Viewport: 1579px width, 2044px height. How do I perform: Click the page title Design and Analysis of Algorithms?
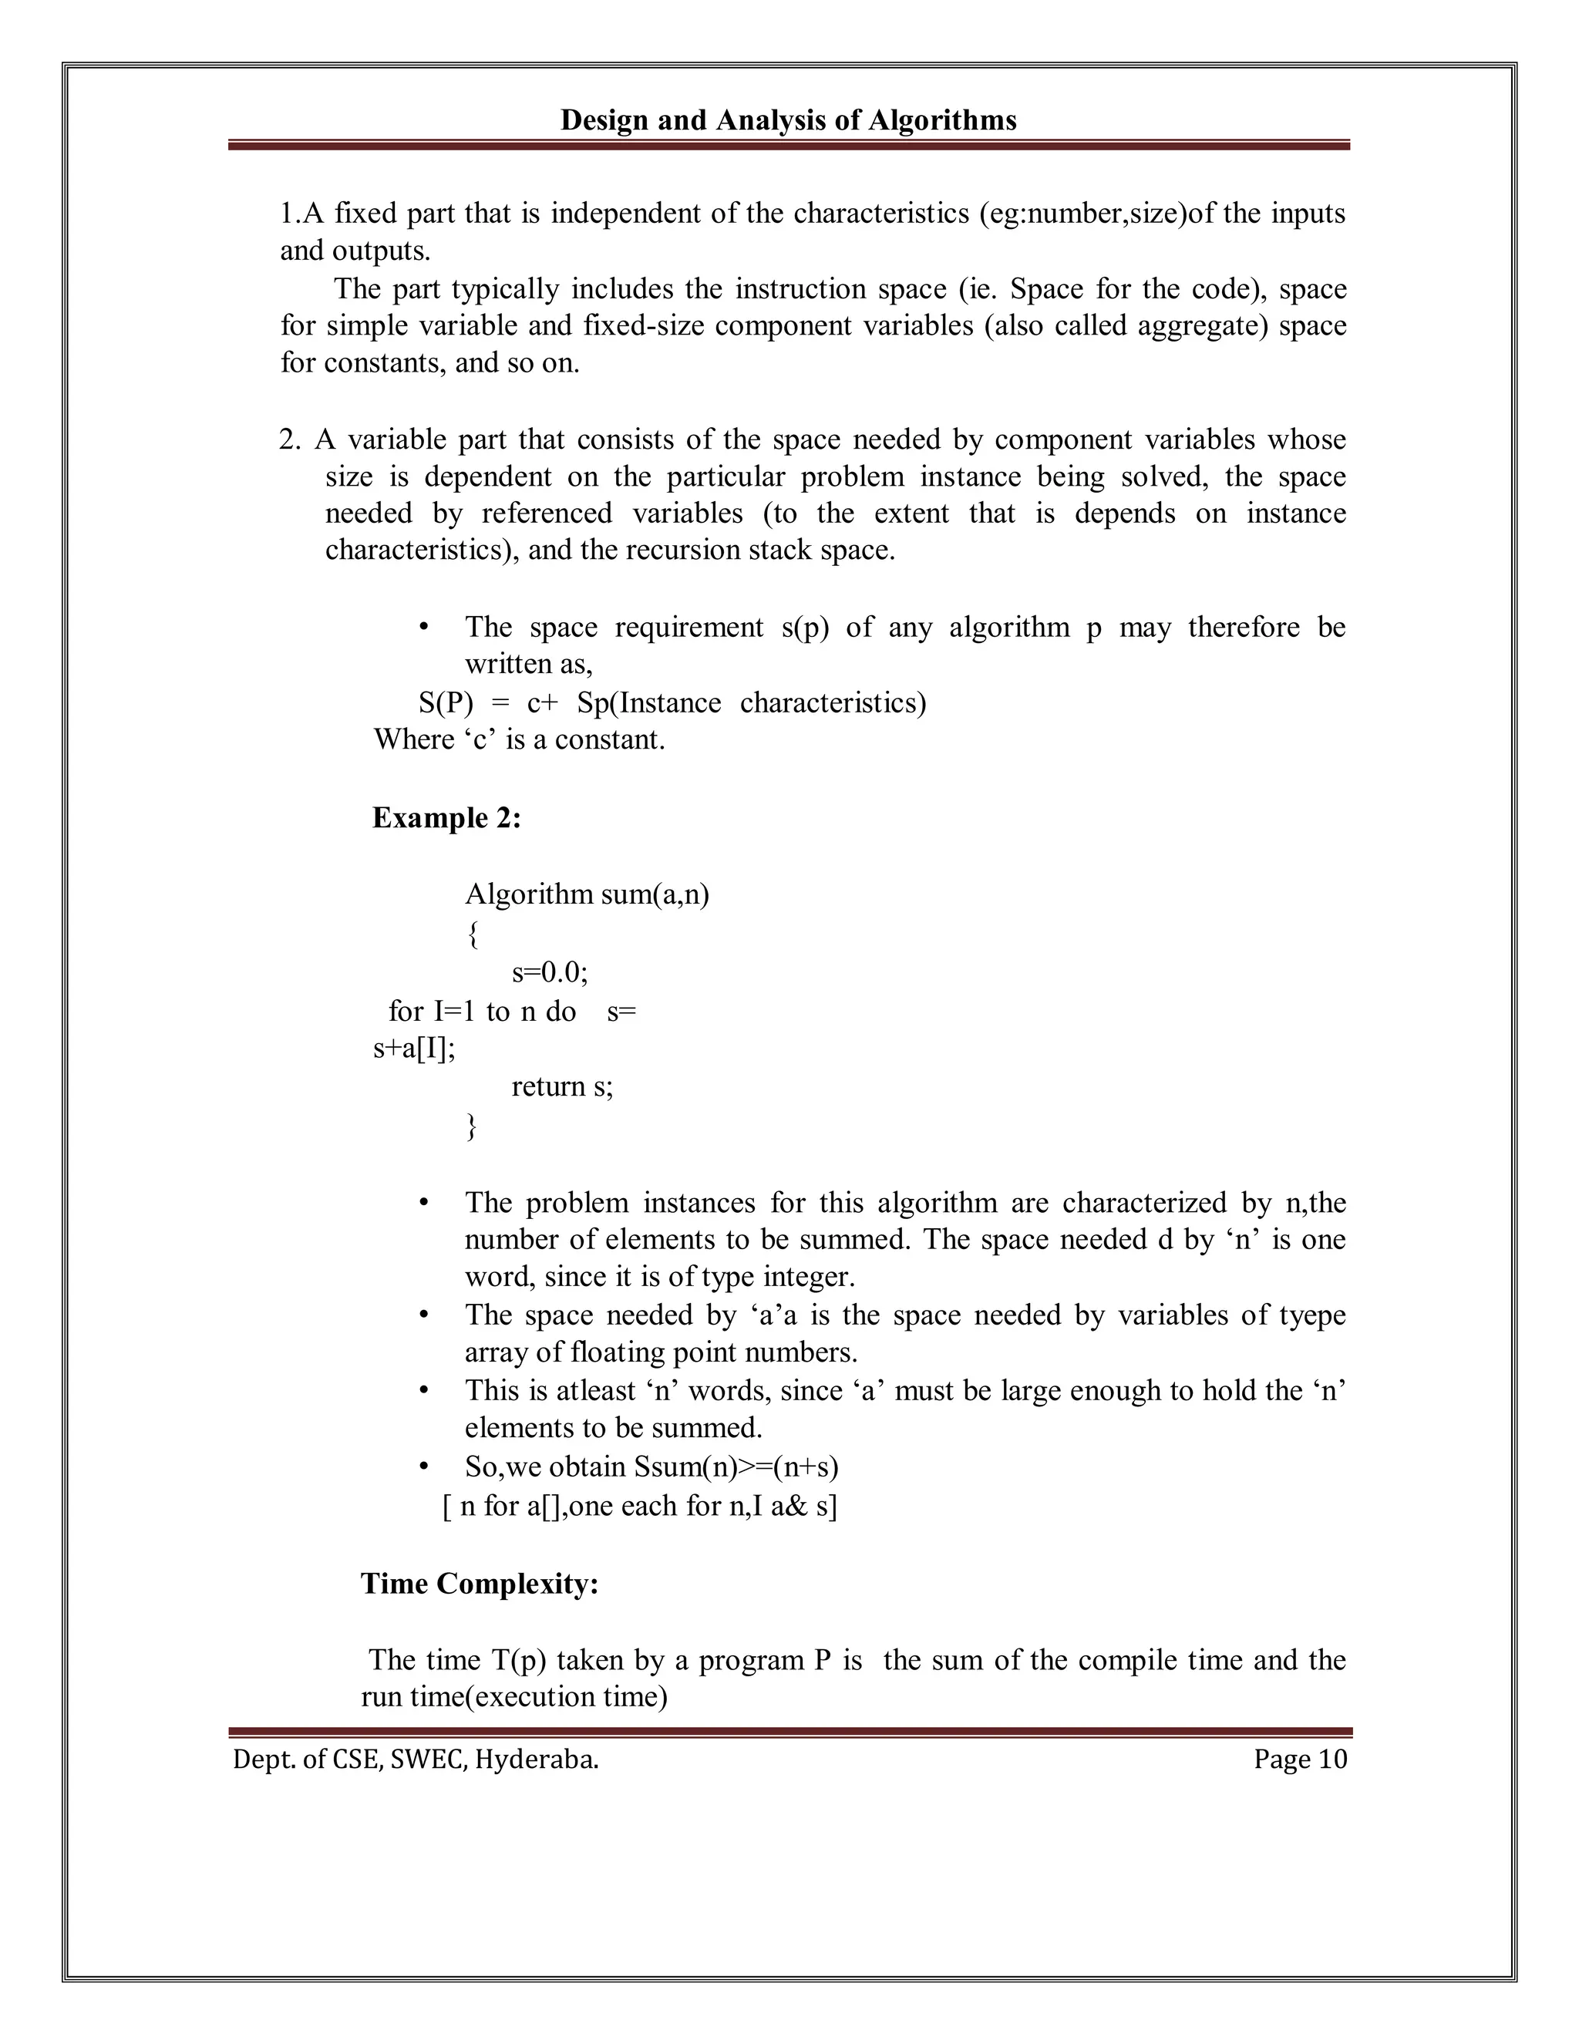(x=788, y=121)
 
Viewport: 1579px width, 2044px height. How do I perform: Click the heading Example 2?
(x=446, y=818)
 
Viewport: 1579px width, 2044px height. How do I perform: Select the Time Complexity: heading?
(x=480, y=1583)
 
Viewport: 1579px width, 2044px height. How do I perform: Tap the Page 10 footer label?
(x=1300, y=1759)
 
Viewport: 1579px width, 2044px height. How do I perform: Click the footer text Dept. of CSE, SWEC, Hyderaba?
(x=416, y=1759)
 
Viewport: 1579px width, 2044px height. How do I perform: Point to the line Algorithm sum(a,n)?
(x=587, y=894)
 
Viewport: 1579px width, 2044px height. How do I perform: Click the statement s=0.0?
(x=550, y=973)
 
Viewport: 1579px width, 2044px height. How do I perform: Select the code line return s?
(x=561, y=1086)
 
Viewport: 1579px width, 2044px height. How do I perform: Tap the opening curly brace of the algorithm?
(x=473, y=934)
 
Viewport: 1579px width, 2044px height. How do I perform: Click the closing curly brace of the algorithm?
(x=472, y=1126)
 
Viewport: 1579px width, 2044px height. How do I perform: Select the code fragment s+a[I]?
(x=414, y=1049)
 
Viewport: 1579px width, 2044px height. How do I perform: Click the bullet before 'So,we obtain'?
(x=424, y=1466)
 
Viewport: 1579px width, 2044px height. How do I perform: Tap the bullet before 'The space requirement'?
(x=424, y=627)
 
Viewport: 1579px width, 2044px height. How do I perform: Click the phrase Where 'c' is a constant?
(x=520, y=739)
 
